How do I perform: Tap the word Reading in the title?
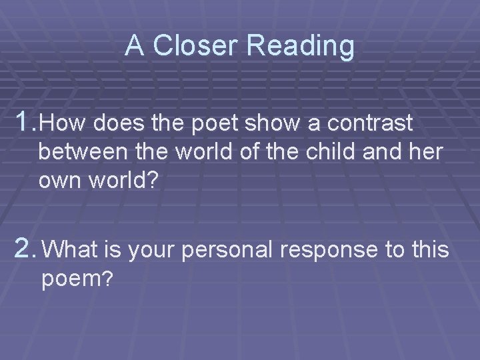pyautogui.click(x=301, y=46)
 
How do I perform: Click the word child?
pyautogui.click(x=332, y=153)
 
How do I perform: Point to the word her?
pyautogui.click(x=426, y=153)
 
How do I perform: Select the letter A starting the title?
pyautogui.click(x=135, y=46)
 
